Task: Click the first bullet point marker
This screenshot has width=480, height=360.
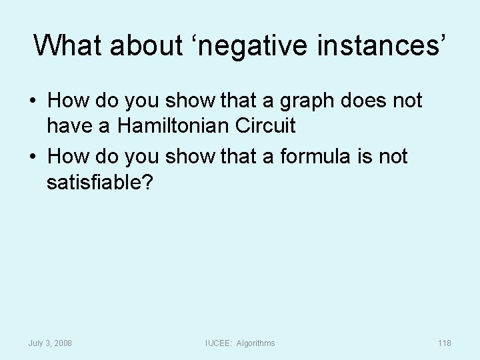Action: [32, 101]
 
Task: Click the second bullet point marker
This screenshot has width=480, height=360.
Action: [32, 158]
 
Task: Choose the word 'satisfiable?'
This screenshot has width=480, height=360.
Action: [100, 182]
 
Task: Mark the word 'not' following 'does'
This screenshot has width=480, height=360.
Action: [407, 101]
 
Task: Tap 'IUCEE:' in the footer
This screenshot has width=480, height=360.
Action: [219, 343]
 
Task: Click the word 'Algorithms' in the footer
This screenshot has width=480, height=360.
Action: [255, 343]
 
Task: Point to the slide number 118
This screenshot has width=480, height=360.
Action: [444, 343]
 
